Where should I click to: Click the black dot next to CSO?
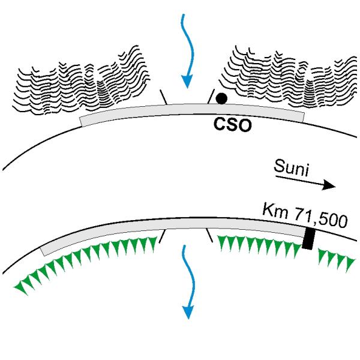point(221,98)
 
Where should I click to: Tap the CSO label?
point(232,125)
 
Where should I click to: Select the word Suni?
point(292,168)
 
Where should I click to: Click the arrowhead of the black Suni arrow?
point(329,185)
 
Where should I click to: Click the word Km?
point(275,211)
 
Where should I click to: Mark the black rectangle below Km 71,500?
point(308,239)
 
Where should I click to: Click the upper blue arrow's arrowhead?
point(187,82)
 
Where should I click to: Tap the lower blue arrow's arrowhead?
point(188,312)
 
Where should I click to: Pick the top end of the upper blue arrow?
point(184,14)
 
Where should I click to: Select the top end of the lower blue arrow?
point(184,246)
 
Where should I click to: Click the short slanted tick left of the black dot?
point(211,96)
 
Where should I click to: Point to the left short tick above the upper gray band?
point(164,97)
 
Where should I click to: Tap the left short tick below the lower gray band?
point(162,236)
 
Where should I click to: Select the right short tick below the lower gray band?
point(209,235)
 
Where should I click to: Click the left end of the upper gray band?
point(81,122)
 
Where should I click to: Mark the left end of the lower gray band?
point(43,251)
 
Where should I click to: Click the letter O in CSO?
point(245,125)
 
